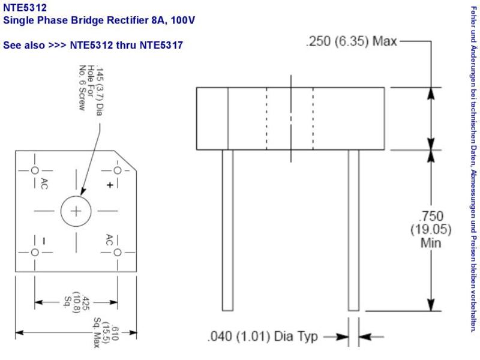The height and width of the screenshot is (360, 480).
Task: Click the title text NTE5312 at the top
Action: click(x=25, y=7)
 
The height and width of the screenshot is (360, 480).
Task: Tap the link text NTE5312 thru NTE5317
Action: click(x=127, y=46)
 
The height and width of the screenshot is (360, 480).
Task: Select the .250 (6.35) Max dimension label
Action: click(x=352, y=41)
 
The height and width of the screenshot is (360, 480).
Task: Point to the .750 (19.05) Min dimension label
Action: click(x=431, y=230)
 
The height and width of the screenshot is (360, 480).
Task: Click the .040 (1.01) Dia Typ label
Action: click(x=263, y=337)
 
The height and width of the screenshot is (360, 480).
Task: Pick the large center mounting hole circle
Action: click(x=76, y=211)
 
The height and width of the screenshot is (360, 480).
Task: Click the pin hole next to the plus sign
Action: click(x=118, y=170)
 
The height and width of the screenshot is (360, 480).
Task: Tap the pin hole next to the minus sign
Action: click(x=35, y=253)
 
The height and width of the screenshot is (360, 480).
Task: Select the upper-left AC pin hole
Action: click(x=35, y=170)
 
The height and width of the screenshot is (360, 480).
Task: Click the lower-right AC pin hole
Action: click(x=118, y=253)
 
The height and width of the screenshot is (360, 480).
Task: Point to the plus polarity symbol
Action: click(x=110, y=185)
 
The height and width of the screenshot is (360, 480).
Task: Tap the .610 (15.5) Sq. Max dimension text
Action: click(x=106, y=333)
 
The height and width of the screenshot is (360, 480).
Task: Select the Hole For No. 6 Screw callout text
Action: click(x=86, y=88)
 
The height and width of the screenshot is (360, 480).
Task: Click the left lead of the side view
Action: click(x=228, y=230)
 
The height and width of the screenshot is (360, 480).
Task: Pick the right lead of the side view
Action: click(x=353, y=230)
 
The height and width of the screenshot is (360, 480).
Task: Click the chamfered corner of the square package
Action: click(x=125, y=161)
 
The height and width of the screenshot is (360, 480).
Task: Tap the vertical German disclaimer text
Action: click(x=473, y=169)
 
